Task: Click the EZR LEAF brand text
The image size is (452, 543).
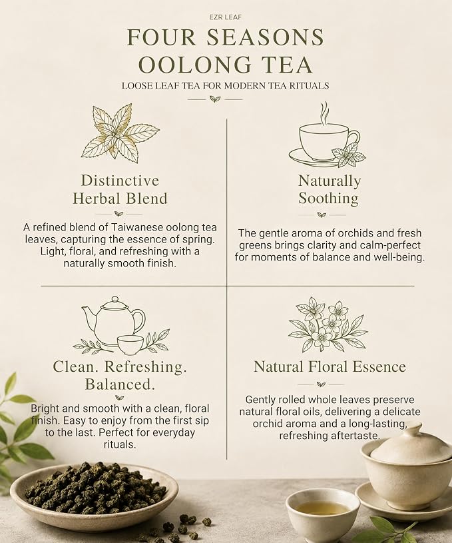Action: pyautogui.click(x=226, y=17)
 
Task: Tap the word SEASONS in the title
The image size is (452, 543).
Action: pyautogui.click(x=265, y=37)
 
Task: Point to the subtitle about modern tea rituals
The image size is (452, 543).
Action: pyautogui.click(x=226, y=85)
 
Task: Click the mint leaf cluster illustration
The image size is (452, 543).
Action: pyautogui.click(x=120, y=132)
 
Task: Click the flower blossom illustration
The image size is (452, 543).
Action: pyautogui.click(x=326, y=324)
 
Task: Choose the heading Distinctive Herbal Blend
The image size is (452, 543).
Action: pyautogui.click(x=120, y=189)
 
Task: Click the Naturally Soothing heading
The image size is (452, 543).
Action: pyautogui.click(x=329, y=189)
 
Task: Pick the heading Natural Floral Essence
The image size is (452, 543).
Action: pyautogui.click(x=330, y=366)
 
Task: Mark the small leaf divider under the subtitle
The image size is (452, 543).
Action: pyautogui.click(x=214, y=99)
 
